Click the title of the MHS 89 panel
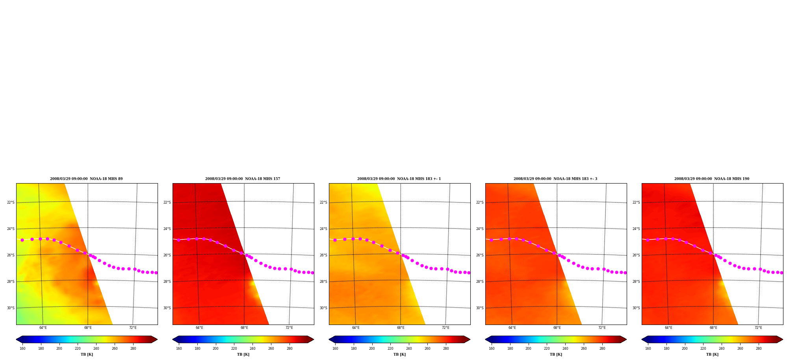coord(86,179)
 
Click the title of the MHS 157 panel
coord(243,179)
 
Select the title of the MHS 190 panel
coord(712,179)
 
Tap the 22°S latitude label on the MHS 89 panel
coord(11,202)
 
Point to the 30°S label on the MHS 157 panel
coord(167,308)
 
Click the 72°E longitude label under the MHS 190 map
coord(758,328)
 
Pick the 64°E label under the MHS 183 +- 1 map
coord(356,328)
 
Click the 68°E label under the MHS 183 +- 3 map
coord(557,328)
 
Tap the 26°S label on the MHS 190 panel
coord(636,255)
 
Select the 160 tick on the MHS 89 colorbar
coord(22,349)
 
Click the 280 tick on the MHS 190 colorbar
coord(759,349)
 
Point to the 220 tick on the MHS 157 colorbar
coord(234,349)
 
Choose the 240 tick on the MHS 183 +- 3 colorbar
coord(565,349)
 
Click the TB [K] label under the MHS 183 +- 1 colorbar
coord(399,354)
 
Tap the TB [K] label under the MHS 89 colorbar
coord(87,354)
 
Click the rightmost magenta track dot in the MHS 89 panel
coord(156,273)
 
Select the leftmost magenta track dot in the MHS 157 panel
coord(178,240)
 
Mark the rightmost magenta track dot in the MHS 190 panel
coord(781,273)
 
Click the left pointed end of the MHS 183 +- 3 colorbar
coord(486,340)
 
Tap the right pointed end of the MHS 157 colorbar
coord(314,340)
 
